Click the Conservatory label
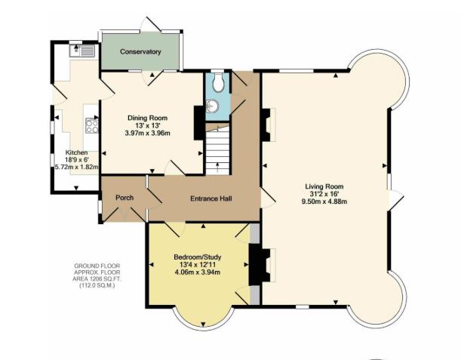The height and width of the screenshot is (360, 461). tap(140, 52)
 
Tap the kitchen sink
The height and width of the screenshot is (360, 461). tap(81, 51)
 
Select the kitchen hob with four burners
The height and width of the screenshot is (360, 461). tap(93, 126)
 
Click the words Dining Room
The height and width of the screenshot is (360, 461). tap(147, 118)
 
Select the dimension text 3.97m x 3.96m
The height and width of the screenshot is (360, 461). tap(147, 133)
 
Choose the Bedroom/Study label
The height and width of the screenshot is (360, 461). tap(197, 257)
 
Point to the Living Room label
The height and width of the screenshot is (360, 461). tap(324, 186)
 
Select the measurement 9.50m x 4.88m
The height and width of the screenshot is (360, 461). tap(324, 202)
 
